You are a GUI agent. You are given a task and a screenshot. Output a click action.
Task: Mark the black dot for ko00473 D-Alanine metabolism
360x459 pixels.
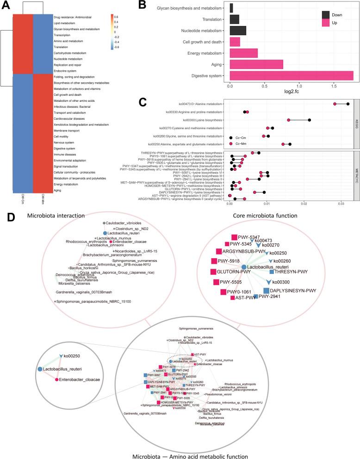(348, 104)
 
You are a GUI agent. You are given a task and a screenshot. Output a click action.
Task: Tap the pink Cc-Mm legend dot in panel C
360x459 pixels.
(230, 145)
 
